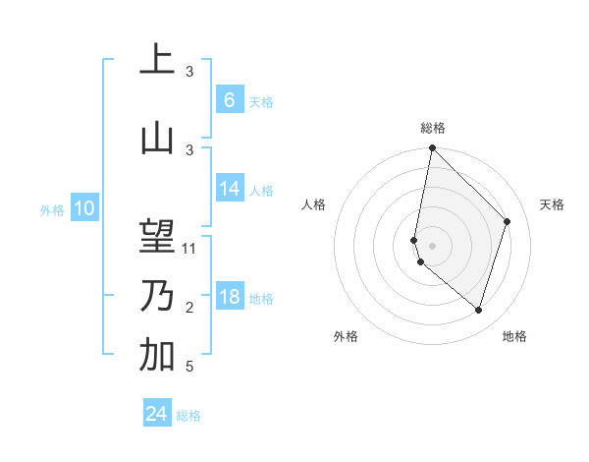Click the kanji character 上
point(157,60)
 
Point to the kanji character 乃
point(157,296)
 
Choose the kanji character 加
point(157,355)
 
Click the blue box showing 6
point(229,100)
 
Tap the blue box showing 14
point(230,190)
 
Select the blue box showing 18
point(230,298)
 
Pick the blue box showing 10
point(83,208)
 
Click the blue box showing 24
point(157,414)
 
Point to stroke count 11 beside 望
point(189,249)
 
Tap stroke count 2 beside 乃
point(189,308)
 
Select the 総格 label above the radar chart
point(432,128)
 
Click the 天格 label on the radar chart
point(552,204)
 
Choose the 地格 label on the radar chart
point(514,336)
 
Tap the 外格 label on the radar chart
point(346,336)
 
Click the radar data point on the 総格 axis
point(432,148)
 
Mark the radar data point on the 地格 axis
point(478,311)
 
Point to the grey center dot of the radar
point(432,245)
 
